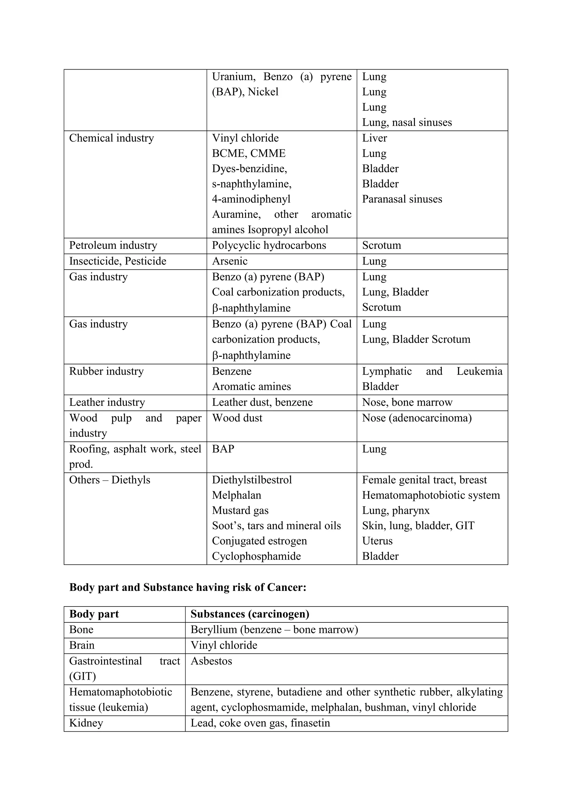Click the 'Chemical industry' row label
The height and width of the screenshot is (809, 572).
[111, 138]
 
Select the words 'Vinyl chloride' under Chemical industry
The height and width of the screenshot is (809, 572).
[245, 138]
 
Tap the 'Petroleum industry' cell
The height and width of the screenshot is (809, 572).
[113, 245]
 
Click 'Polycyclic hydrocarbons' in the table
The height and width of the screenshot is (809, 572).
[269, 245]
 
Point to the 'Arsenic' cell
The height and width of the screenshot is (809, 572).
[230, 261]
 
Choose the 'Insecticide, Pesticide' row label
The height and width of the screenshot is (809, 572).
[118, 261]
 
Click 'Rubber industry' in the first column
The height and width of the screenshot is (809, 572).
[106, 371]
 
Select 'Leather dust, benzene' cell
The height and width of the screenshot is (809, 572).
[262, 402]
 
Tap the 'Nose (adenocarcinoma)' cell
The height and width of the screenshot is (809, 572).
[417, 418]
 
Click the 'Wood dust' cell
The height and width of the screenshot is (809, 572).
[237, 418]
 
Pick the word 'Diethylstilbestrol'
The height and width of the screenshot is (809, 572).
[252, 480]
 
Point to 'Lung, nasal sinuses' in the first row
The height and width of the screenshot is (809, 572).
[407, 123]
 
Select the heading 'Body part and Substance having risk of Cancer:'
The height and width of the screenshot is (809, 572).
[188, 587]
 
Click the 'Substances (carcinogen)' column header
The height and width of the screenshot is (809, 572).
[250, 614]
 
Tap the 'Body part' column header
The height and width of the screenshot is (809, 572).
[94, 614]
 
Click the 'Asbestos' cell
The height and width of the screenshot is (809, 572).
[211, 661]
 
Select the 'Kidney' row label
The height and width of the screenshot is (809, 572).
[86, 723]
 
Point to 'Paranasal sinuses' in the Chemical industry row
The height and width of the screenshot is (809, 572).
[402, 199]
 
